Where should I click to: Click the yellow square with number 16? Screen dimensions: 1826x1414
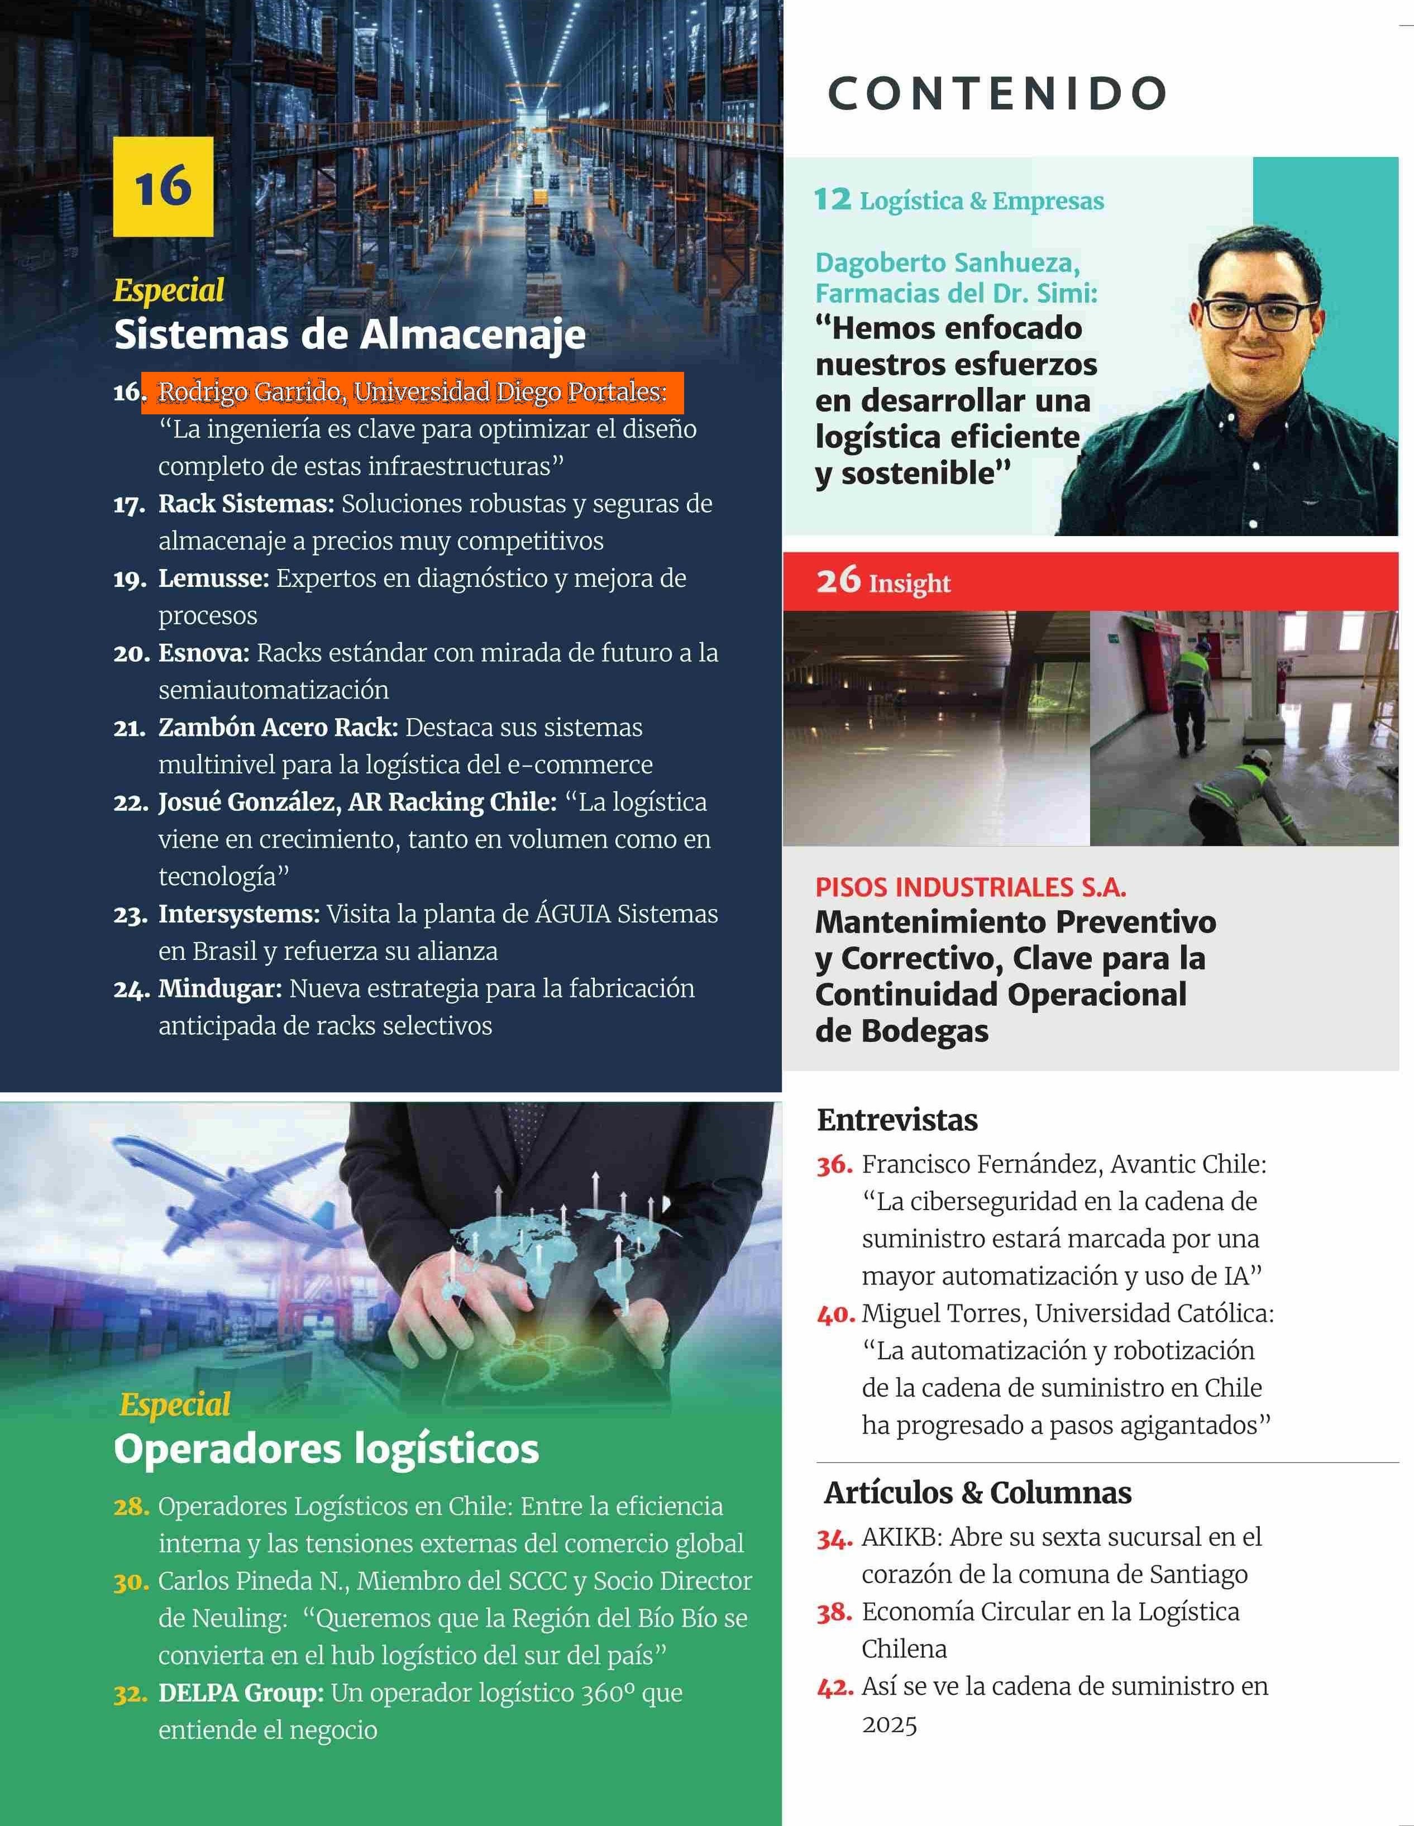click(163, 187)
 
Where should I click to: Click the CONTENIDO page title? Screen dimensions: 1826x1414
click(997, 94)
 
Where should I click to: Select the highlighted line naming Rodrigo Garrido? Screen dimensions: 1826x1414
click(412, 392)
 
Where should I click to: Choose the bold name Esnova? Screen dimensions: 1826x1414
click(204, 653)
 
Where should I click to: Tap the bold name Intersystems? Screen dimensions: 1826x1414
click(239, 914)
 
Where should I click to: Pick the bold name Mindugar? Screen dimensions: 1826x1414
click(220, 988)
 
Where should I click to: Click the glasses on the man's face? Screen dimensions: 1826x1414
click(1251, 314)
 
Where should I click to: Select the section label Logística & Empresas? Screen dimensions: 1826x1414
click(981, 202)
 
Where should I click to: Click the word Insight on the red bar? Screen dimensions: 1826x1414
click(909, 583)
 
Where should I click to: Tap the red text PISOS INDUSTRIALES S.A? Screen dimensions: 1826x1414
click(970, 887)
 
